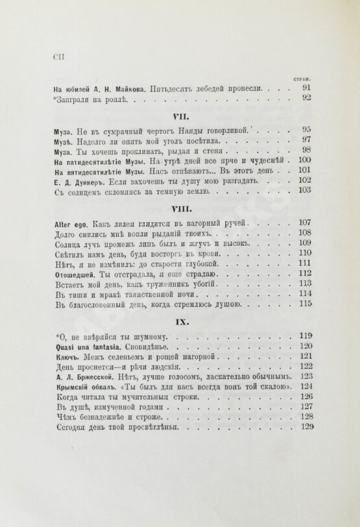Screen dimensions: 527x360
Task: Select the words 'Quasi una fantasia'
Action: (x=85, y=347)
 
